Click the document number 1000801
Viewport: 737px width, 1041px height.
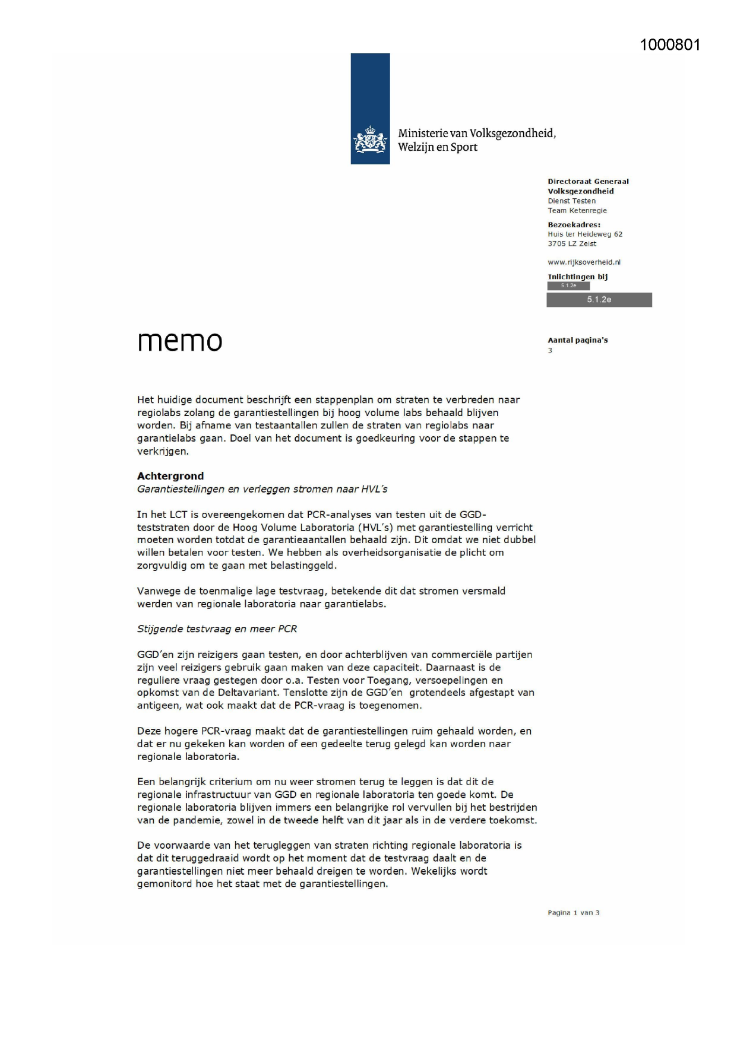pos(670,45)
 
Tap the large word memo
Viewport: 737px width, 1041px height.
pos(180,341)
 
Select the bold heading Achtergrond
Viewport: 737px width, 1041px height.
pos(170,476)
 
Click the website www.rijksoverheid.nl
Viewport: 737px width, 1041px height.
pos(584,262)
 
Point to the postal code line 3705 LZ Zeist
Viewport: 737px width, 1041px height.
pos(572,243)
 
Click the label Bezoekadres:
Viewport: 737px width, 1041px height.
pos(574,225)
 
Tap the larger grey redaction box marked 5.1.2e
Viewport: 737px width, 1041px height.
pos(599,300)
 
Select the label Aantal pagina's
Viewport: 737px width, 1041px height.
pos(577,340)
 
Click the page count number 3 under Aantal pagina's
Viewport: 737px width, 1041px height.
pos(550,350)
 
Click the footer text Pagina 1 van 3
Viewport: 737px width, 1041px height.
pos(573,913)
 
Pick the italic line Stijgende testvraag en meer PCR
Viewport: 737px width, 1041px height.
pos(217,629)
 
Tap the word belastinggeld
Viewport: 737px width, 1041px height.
pos(303,566)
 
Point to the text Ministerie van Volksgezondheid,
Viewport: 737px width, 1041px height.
pos(477,134)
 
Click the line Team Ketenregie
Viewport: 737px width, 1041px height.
pos(577,211)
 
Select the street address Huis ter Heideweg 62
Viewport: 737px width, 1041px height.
pos(585,234)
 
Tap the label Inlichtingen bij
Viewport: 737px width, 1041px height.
pos(577,277)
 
